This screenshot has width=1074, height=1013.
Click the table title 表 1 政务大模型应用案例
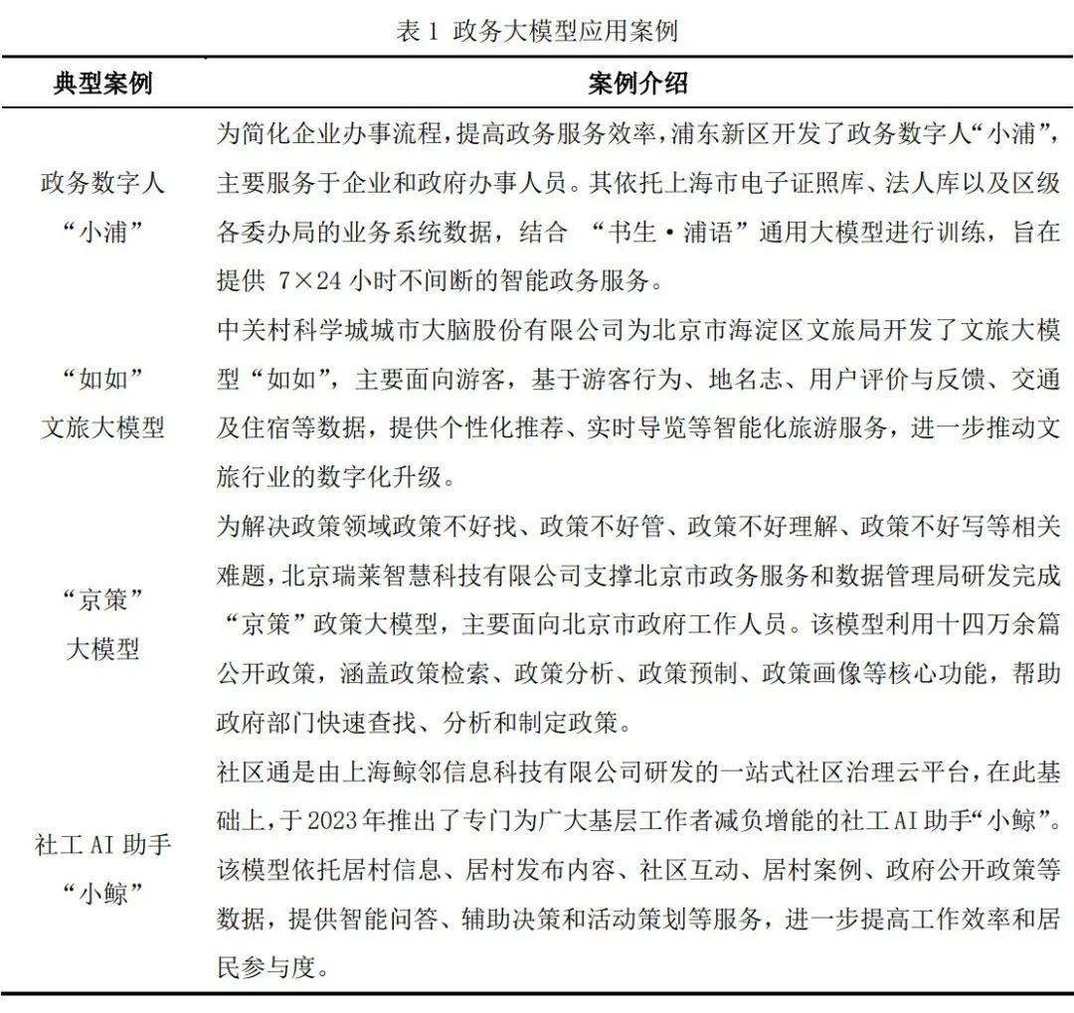(536, 31)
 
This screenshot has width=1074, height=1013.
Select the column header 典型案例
(102, 84)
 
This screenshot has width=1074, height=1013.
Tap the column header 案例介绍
(637, 84)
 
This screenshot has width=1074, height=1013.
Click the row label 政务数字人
(102, 183)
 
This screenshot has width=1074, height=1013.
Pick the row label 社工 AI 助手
(102, 846)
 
